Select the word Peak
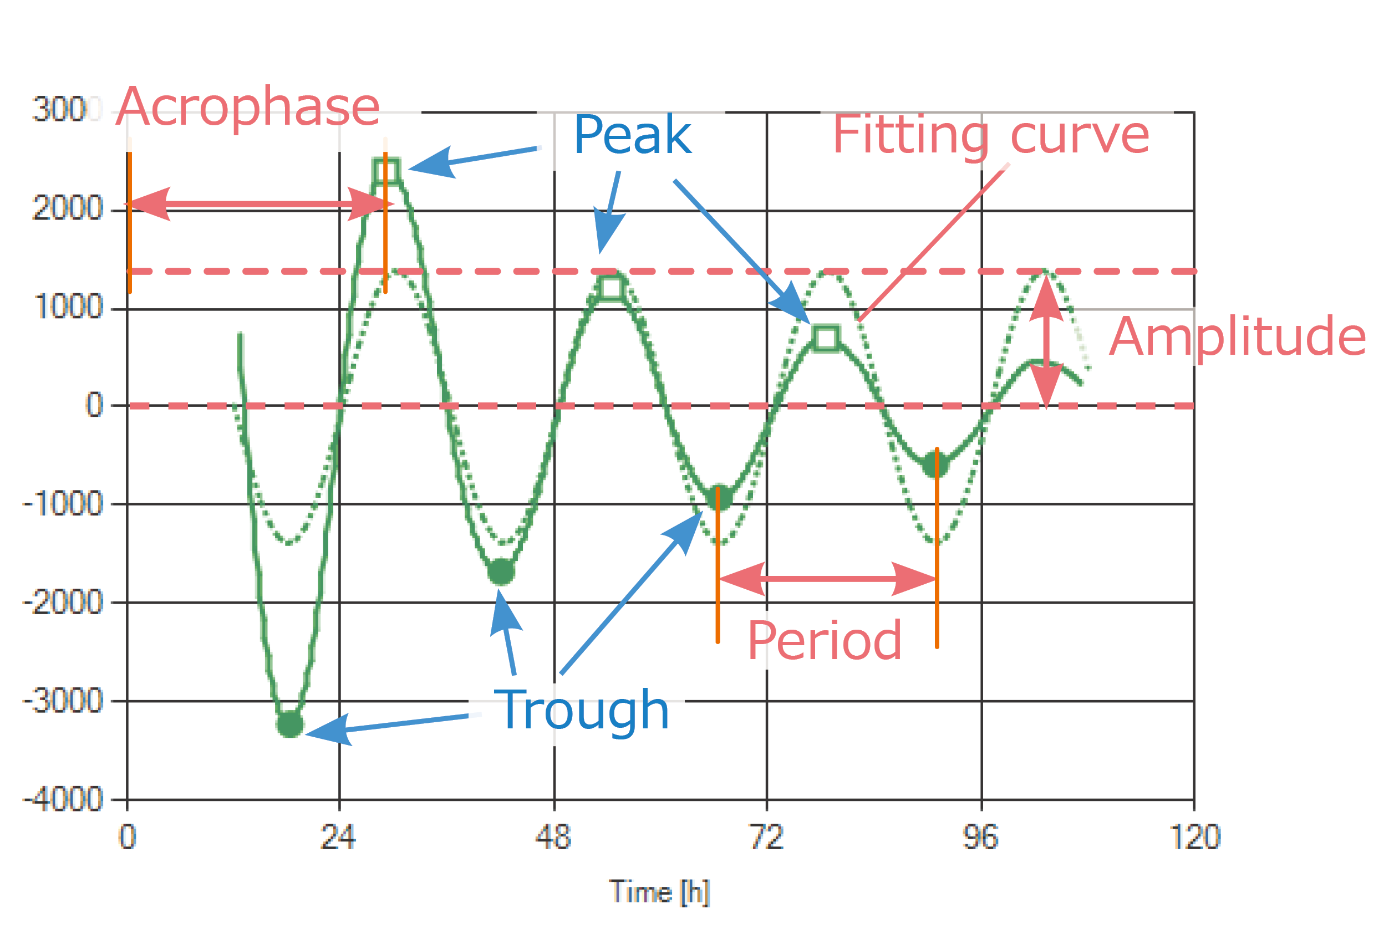632,135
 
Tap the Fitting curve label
991,136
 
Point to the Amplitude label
1237,337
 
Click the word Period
825,641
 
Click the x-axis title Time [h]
659,892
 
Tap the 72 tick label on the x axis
766,838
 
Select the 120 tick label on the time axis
1194,838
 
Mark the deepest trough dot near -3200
290,724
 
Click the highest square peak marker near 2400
386,171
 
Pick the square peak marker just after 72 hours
826,338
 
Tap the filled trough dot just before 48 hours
501,572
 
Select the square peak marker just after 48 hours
611,288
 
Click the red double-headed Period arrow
828,578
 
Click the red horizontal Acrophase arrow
258,205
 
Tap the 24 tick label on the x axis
338,838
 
